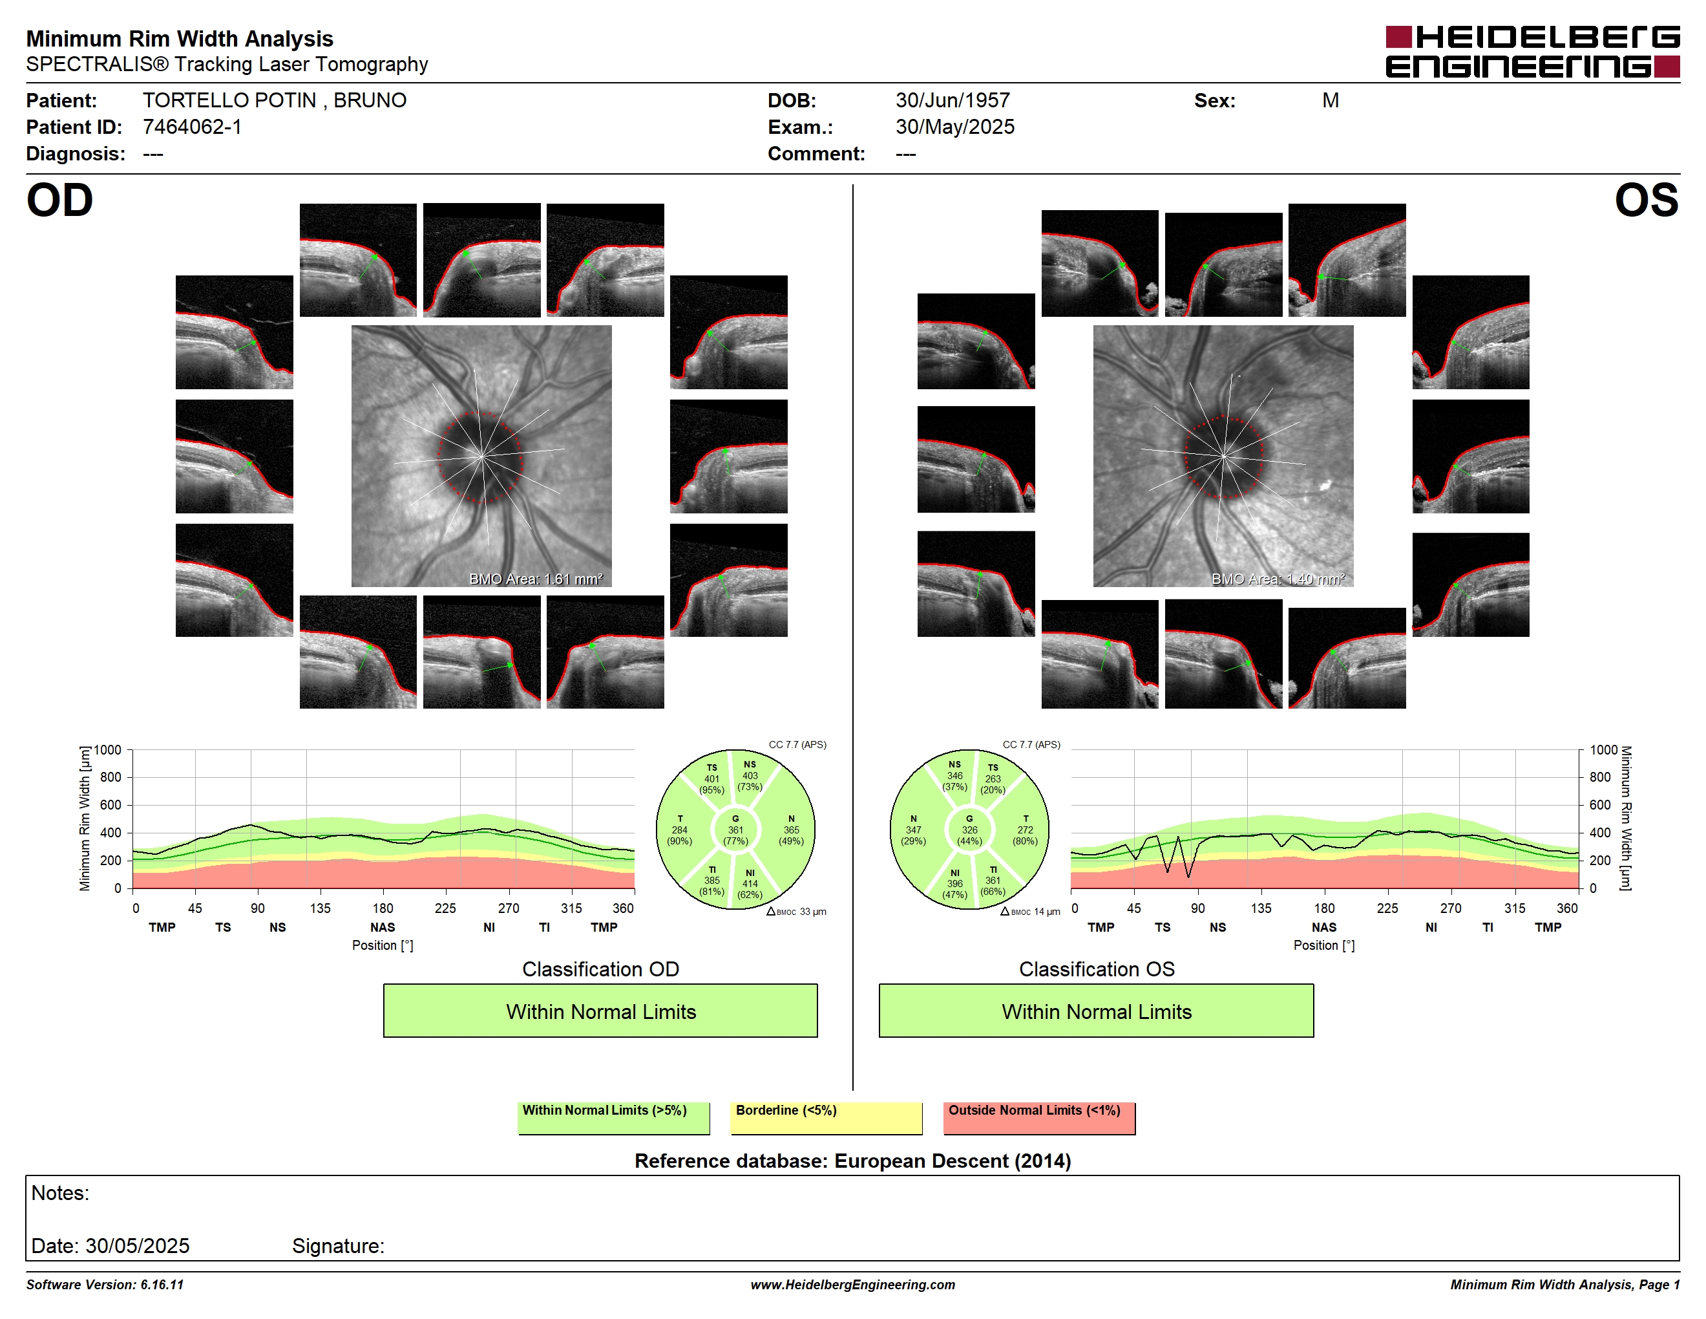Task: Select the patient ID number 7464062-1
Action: (192, 127)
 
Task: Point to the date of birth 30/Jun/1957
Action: (953, 100)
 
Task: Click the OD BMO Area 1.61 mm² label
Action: (536, 579)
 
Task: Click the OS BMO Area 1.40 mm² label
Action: (1278, 579)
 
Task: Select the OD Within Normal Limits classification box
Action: (600, 1011)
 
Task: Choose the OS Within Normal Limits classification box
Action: (1096, 1011)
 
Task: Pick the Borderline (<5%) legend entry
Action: (827, 1117)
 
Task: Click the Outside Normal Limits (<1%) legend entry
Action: (1039, 1117)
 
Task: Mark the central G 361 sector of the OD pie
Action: (735, 830)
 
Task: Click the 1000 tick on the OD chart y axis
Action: (108, 750)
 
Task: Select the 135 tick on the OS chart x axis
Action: (1261, 908)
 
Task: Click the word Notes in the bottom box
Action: (60, 1193)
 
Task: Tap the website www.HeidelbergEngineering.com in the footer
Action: (852, 1285)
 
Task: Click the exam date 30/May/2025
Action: (954, 127)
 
